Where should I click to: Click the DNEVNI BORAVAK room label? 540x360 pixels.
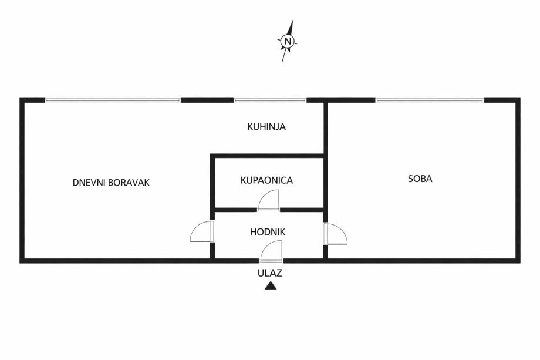point(111,183)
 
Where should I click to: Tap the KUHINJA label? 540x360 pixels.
point(266,126)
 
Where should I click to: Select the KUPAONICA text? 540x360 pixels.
point(266,180)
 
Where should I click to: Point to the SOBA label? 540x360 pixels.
point(420,179)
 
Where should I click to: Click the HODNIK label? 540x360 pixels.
point(268,232)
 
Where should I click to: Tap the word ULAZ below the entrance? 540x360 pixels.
point(270,272)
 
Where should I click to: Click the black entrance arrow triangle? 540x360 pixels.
point(270,286)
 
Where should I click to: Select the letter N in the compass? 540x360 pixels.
point(287,41)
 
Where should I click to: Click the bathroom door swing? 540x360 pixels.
point(269,201)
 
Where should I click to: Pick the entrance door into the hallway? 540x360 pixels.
point(271,252)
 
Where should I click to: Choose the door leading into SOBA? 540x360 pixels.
point(335,234)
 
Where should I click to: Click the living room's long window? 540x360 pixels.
point(113,100)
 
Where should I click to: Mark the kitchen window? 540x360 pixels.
point(270,100)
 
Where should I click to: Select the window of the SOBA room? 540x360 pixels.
point(430,100)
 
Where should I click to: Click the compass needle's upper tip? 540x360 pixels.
point(292,22)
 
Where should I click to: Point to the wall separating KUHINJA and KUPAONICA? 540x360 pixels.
point(268,156)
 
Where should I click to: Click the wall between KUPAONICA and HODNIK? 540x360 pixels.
point(235,209)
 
